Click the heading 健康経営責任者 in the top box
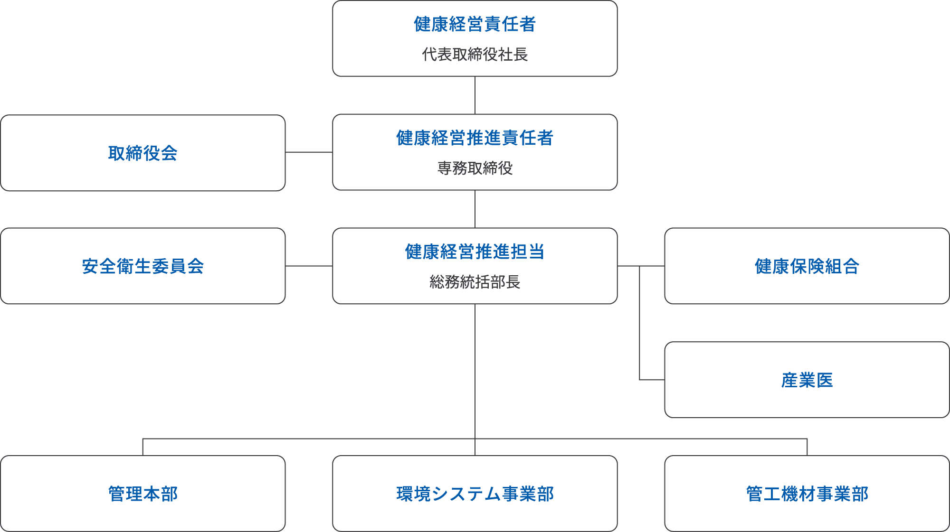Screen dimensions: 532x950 [x=475, y=24]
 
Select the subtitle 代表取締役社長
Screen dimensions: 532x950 [x=475, y=55]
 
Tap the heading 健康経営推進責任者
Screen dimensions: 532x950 [x=475, y=138]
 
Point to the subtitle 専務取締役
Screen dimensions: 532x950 [x=475, y=168]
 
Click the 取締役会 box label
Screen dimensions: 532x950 [x=142, y=153]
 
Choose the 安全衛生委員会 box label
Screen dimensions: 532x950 [x=142, y=266]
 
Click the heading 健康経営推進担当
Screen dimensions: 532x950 [x=475, y=252]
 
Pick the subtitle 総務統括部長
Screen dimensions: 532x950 [x=475, y=282]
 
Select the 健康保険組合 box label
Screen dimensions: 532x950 [x=807, y=266]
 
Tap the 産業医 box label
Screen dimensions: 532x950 [x=807, y=380]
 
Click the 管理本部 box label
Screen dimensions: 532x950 [x=142, y=494]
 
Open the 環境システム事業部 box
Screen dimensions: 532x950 [x=475, y=494]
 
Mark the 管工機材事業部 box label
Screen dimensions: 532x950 [x=807, y=494]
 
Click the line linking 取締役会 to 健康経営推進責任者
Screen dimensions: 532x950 [x=309, y=152]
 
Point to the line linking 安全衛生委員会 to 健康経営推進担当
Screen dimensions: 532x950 [x=309, y=266]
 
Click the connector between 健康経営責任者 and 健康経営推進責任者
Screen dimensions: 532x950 [x=475, y=95]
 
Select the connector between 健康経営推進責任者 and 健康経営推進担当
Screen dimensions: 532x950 [x=475, y=209]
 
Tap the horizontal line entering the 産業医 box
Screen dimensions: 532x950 [x=652, y=380]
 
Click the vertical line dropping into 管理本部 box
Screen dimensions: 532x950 [x=143, y=447]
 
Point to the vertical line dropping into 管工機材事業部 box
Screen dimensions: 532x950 [x=807, y=447]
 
